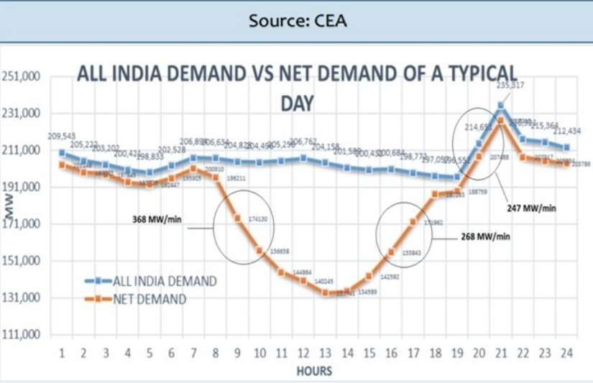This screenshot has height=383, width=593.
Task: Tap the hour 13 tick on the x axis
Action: (x=325, y=354)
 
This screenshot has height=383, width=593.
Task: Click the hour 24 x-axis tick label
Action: (x=566, y=354)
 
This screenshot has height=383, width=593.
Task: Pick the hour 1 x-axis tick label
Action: (x=62, y=354)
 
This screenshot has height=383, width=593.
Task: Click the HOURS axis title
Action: (x=313, y=371)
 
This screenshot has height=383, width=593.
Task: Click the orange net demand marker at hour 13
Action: (x=325, y=292)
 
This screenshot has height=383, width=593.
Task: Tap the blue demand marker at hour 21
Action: (x=501, y=106)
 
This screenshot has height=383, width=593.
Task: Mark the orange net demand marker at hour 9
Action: (x=237, y=218)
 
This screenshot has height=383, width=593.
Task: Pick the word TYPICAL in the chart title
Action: (x=478, y=73)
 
